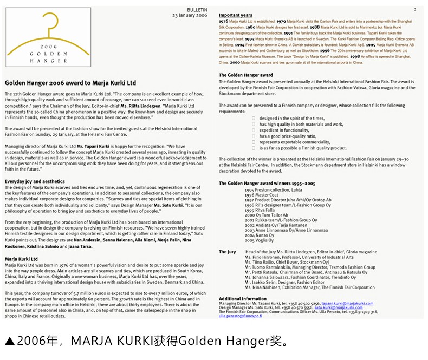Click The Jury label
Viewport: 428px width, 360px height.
click(x=227, y=252)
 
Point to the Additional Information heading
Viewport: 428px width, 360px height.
click(x=242, y=299)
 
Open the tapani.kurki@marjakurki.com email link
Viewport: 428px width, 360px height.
click(x=346, y=304)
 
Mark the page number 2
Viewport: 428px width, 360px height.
click(x=414, y=10)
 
